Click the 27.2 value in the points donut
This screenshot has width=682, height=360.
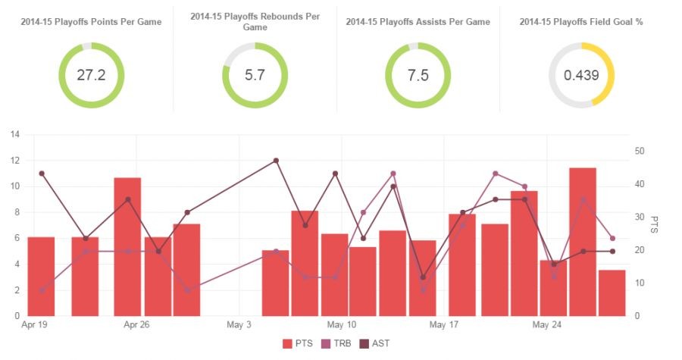click(91, 75)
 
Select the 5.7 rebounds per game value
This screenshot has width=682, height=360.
click(255, 75)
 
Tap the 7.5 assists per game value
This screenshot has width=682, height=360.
click(418, 75)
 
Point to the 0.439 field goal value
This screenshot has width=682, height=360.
click(581, 75)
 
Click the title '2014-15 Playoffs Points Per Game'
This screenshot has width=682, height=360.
click(91, 22)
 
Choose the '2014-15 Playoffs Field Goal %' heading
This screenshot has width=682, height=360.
click(581, 22)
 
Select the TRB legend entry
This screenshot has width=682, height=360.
click(339, 344)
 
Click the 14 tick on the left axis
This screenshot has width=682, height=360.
click(14, 135)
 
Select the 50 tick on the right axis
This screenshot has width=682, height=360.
click(640, 152)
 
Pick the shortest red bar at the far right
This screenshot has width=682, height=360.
click(612, 293)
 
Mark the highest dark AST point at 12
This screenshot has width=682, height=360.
click(276, 161)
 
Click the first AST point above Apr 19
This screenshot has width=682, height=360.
click(42, 174)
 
